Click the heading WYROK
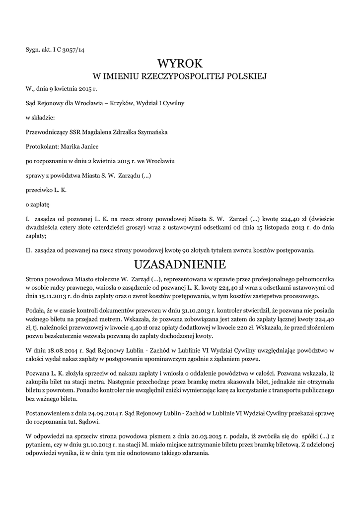(x=180, y=63)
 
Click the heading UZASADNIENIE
(x=180, y=263)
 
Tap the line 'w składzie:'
(x=41, y=118)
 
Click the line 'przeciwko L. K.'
(x=46, y=190)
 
